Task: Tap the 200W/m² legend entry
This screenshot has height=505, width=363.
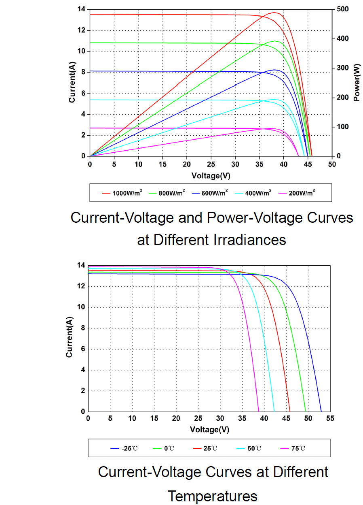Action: click(299, 193)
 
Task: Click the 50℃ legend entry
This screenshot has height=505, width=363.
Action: click(253, 448)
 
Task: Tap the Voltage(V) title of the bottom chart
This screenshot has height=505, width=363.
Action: click(209, 429)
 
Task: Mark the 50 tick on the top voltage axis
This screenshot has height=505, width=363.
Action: click(332, 164)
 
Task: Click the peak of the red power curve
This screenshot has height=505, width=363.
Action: click(274, 13)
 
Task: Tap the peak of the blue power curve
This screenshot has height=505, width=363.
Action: click(274, 70)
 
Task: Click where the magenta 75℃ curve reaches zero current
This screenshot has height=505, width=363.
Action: click(258, 411)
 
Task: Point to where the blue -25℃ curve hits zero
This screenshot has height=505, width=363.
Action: click(321, 411)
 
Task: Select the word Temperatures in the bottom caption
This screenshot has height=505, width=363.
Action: click(212, 495)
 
